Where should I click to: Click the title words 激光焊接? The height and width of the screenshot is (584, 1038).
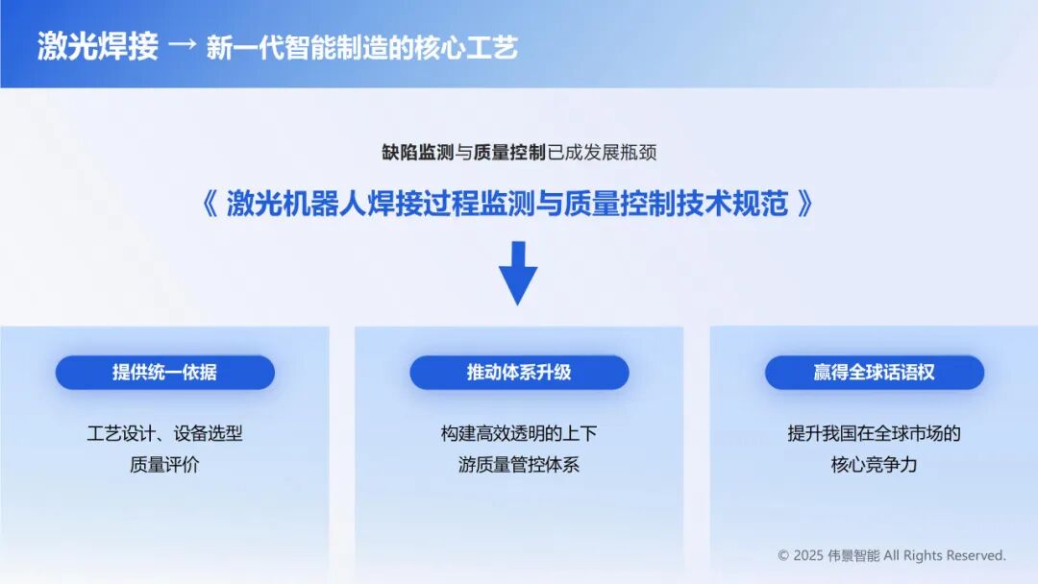click(x=97, y=47)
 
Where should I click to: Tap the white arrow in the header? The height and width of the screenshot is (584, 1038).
click(x=183, y=45)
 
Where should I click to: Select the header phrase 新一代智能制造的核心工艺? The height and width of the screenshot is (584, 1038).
click(x=361, y=48)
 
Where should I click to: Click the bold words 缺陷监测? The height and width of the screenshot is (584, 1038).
click(x=418, y=153)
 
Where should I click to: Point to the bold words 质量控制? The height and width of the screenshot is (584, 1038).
click(x=509, y=153)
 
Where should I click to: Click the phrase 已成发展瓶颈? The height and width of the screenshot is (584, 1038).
click(x=602, y=153)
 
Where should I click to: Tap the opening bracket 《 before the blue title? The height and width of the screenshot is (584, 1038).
click(x=210, y=203)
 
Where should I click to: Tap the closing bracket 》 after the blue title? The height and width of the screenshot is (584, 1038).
click(x=805, y=203)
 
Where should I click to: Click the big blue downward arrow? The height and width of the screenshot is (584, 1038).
click(x=518, y=273)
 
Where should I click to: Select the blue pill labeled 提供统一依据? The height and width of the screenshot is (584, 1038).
click(x=165, y=373)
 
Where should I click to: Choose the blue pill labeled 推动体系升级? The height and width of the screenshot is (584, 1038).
click(x=519, y=373)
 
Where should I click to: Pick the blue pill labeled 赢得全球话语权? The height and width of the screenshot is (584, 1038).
click(x=875, y=373)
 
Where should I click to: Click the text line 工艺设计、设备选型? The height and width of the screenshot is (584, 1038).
click(x=165, y=434)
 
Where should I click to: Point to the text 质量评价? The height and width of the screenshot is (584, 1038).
click(x=165, y=465)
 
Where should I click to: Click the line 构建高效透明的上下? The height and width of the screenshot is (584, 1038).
click(x=519, y=434)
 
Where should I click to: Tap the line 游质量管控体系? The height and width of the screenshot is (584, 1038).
click(x=519, y=465)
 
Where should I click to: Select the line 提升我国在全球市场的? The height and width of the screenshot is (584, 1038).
click(x=874, y=434)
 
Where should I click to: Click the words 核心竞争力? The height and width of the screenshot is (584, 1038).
click(x=874, y=465)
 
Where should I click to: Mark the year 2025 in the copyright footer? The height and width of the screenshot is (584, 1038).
click(x=808, y=555)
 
